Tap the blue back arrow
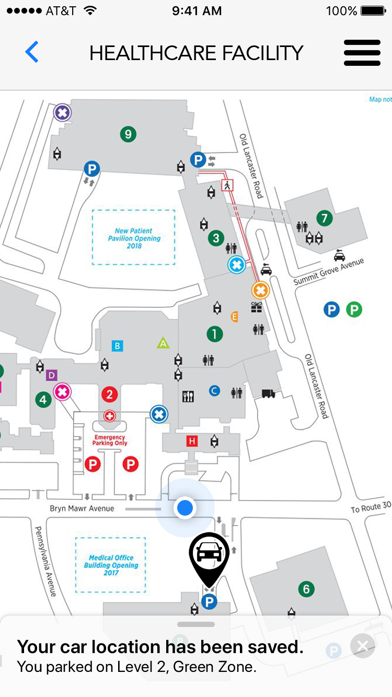point(32,52)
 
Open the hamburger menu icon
point(362,53)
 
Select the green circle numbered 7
point(325,218)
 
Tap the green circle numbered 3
point(216,239)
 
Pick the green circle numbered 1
point(214,334)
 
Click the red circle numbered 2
point(109,394)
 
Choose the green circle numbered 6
point(306,589)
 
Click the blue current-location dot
point(185,507)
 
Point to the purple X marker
point(63,112)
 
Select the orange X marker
point(260,290)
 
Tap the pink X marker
point(63,391)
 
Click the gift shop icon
point(256,308)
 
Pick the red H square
point(192,442)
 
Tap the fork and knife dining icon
point(188,396)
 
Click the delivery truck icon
point(268,393)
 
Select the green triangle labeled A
point(163,343)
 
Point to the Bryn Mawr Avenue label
point(82,508)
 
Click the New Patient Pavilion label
point(134,238)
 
